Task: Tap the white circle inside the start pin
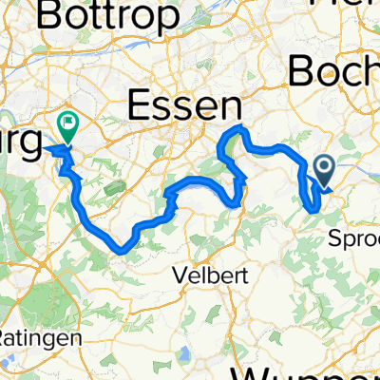point(323,167)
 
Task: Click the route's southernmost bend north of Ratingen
point(120,249)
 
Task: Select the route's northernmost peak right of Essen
point(241,127)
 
